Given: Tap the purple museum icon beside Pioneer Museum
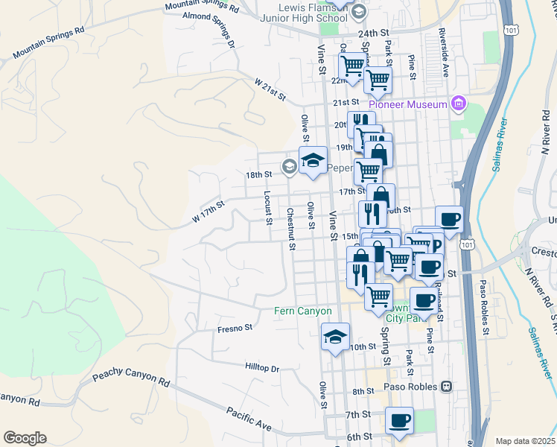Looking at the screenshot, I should pyautogui.click(x=458, y=104).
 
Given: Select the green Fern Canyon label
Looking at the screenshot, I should pyautogui.click(x=304, y=310).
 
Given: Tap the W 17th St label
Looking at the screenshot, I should pyautogui.click(x=208, y=211).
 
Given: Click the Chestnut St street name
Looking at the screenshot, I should pyautogui.click(x=291, y=228).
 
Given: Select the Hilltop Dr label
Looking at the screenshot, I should pyautogui.click(x=261, y=367).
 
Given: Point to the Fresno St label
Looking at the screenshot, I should pyautogui.click(x=235, y=327).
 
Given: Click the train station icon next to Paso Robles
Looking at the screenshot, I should pyautogui.click(x=447, y=387).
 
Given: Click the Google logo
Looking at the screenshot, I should pyautogui.click(x=25, y=437).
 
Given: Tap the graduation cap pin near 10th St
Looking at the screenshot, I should pyautogui.click(x=335, y=337).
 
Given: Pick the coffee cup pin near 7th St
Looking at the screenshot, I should pyautogui.click(x=400, y=419).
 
